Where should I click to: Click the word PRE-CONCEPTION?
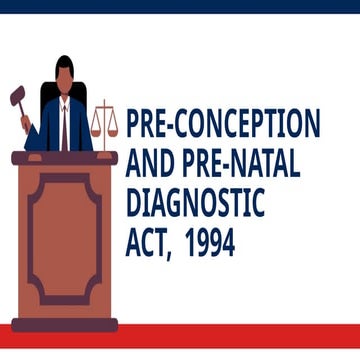(223, 124)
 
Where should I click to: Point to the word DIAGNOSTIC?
(196, 203)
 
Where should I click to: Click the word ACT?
(146, 243)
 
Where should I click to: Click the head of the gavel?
(16, 97)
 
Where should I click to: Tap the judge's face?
(65, 85)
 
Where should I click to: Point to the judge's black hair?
(65, 65)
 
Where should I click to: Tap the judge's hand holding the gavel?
(27, 122)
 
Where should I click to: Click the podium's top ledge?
(65, 158)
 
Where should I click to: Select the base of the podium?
(65, 323)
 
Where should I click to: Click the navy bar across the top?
(180, 6)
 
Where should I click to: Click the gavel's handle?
(21, 109)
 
